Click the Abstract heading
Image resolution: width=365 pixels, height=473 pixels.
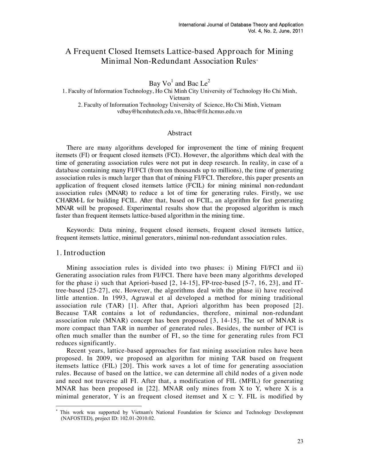179,133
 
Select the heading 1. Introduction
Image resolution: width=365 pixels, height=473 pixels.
81,253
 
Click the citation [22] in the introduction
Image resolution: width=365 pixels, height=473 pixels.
151,389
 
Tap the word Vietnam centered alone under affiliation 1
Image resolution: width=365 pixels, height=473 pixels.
179,98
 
